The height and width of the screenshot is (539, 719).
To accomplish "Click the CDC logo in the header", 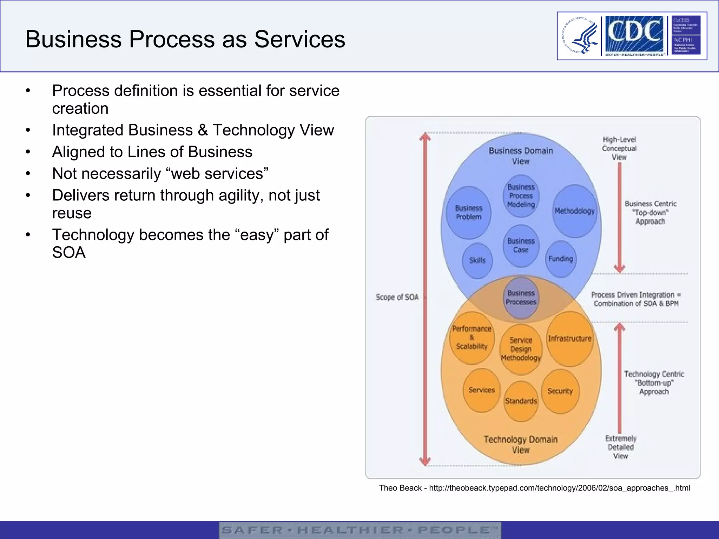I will tap(634, 34).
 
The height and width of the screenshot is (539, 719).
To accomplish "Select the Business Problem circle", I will tap(468, 213).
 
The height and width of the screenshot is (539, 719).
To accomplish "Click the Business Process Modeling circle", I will tap(521, 196).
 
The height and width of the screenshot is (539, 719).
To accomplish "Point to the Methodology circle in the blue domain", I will tap(575, 211).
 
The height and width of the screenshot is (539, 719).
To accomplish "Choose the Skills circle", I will tap(477, 260).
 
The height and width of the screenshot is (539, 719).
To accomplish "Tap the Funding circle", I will tap(561, 259).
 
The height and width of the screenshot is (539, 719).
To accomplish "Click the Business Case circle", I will tap(521, 246).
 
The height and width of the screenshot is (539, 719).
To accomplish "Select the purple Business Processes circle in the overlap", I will tap(521, 298).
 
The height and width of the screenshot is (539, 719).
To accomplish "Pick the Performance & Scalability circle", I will tap(472, 338).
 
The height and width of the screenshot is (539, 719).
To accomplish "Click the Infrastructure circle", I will tap(570, 339).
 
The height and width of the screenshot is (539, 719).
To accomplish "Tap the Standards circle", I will tap(521, 401).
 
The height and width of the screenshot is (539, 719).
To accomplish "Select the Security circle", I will tap(560, 391).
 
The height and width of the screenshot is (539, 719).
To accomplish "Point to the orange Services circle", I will tap(481, 390).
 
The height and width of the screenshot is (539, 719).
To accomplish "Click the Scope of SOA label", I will tap(397, 297).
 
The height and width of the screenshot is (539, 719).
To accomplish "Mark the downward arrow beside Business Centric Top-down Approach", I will tap(620, 218).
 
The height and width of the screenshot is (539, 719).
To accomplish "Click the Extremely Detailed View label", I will tap(621, 447).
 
